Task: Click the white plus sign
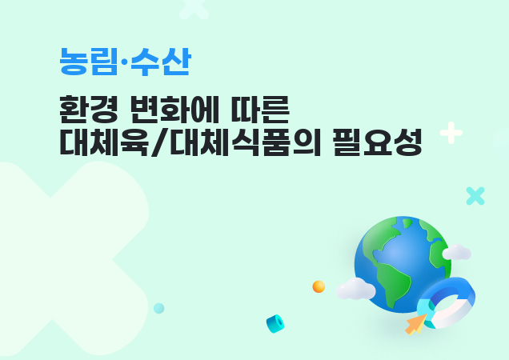point(451,133)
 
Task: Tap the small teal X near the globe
point(475,196)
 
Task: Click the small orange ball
point(319,286)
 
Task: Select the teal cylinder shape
point(275,323)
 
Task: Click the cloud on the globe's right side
point(457,254)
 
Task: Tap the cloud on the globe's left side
point(355,290)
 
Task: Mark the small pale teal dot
point(159,308)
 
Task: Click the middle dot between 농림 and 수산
point(124,62)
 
